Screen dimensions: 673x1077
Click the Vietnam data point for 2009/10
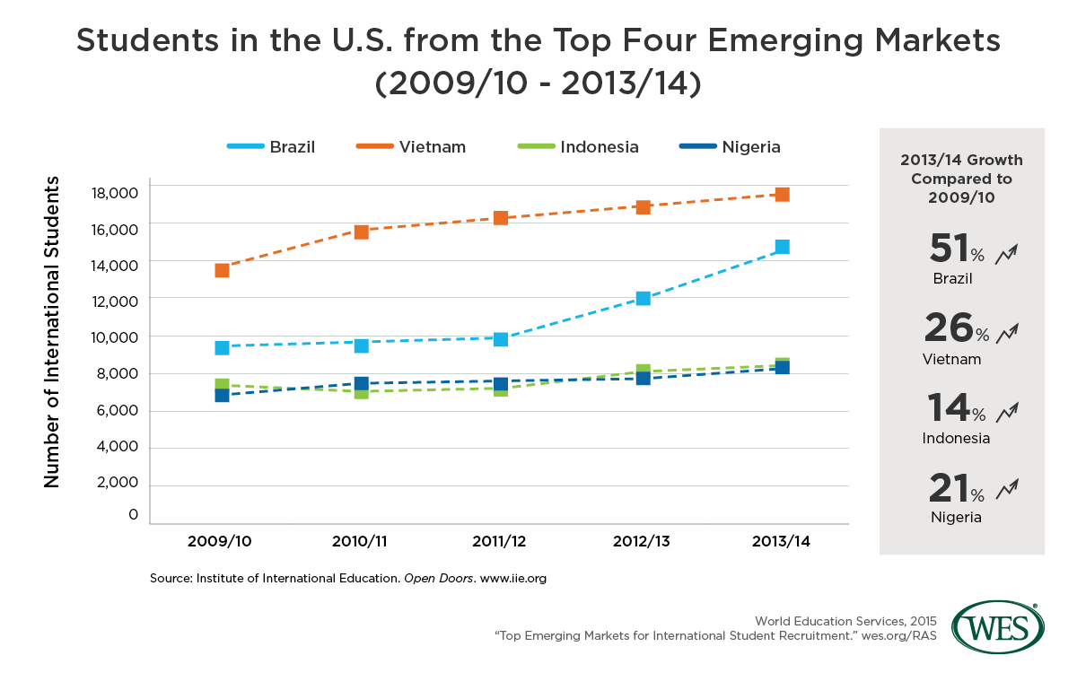click(222, 270)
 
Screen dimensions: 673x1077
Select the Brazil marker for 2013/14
click(782, 247)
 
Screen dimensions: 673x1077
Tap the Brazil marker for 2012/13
click(643, 298)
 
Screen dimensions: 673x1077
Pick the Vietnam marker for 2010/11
click(362, 232)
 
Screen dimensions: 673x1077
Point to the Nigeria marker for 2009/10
click(222, 395)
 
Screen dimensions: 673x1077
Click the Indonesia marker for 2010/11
click(362, 392)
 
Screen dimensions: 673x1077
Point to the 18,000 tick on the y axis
click(115, 192)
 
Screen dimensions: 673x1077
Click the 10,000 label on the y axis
click(115, 337)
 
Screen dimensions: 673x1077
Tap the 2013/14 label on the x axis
click(782, 541)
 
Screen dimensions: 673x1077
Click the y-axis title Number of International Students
click(52, 332)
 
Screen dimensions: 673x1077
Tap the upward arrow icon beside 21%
click(1007, 489)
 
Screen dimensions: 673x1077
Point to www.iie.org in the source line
click(513, 579)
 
